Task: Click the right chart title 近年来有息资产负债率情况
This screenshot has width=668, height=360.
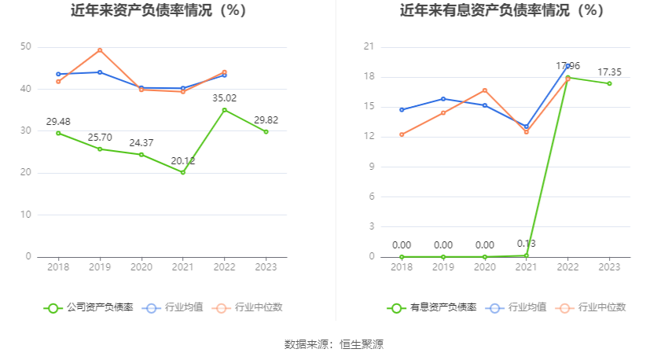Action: point(501,11)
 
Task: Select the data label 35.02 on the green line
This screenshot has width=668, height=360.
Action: point(225,98)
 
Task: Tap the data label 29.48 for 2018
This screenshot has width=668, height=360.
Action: point(58,121)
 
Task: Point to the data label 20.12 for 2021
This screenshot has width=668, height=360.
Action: point(183,160)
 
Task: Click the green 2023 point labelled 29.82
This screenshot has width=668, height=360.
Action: point(266,131)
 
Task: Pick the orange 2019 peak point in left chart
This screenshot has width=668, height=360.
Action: point(100,50)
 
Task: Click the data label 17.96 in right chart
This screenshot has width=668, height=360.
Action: point(568,65)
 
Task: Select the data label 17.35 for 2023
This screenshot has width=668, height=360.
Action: point(609,72)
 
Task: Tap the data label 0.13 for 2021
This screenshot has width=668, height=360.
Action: point(526,243)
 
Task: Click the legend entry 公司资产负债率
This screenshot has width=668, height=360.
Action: point(89,307)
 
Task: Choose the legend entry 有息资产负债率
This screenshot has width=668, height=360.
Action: point(432,307)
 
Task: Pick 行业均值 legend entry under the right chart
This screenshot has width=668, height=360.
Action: point(518,307)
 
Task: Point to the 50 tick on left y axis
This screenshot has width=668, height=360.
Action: point(26,47)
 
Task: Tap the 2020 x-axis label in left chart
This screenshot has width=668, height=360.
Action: point(141,267)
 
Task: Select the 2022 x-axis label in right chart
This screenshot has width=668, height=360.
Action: point(567,267)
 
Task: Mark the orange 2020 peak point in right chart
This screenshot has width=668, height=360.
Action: point(485,90)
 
